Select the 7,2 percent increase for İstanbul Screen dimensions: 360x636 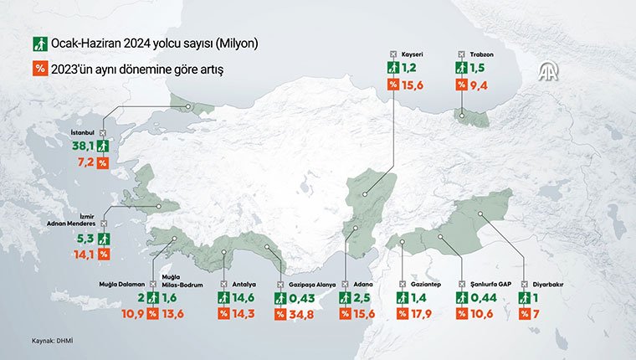83,161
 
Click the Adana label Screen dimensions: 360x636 362,284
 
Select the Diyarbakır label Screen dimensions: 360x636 548,284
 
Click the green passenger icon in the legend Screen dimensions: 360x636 37,42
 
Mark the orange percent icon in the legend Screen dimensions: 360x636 37,68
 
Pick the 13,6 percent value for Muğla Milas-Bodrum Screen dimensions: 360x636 175,314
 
